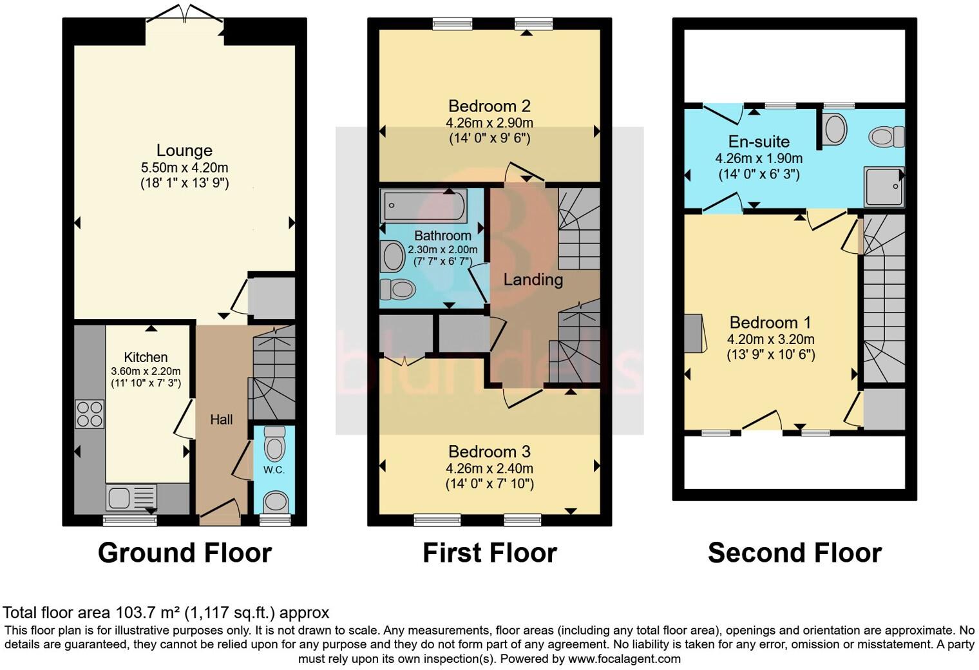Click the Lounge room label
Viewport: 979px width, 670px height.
(x=184, y=151)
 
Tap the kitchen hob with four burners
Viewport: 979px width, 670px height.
(x=90, y=414)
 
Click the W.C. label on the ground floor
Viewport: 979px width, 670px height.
(x=274, y=470)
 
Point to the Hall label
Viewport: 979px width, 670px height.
(x=221, y=420)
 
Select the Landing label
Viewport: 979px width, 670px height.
(x=533, y=280)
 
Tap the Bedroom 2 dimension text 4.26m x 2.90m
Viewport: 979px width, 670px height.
(x=489, y=122)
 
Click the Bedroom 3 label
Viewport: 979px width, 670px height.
(x=489, y=452)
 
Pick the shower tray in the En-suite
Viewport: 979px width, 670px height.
(x=884, y=187)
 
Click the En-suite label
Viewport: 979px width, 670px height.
(x=759, y=142)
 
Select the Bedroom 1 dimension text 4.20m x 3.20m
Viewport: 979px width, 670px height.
(x=771, y=339)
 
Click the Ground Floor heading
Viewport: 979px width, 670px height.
(x=185, y=553)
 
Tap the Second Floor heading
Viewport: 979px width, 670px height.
(x=794, y=553)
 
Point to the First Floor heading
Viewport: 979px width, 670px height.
(x=489, y=553)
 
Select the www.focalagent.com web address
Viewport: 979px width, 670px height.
(x=623, y=658)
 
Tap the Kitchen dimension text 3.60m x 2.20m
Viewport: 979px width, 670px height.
(x=146, y=371)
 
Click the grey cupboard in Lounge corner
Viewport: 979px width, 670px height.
(x=272, y=298)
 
